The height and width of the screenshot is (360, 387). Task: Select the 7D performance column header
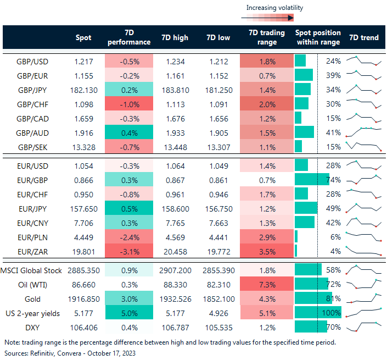129,38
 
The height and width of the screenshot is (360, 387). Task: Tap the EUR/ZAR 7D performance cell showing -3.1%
129,250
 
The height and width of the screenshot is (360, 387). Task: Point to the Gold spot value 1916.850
82,297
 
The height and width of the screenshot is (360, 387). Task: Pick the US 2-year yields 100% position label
332,312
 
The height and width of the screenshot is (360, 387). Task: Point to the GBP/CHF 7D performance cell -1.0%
129,104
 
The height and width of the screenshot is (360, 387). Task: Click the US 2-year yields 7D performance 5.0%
129,312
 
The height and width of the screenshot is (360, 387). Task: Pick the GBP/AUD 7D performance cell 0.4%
129,132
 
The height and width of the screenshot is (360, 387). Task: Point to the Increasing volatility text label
274,8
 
